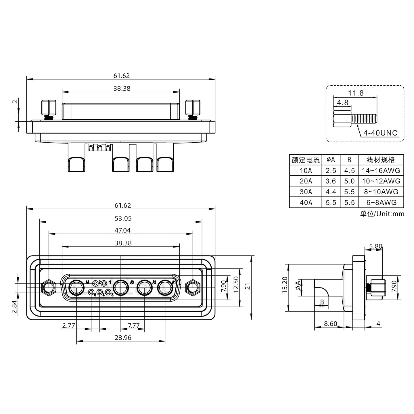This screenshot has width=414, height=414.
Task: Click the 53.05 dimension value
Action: [123, 218]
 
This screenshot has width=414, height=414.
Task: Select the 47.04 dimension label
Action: [123, 230]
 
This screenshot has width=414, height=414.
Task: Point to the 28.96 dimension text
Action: [123, 338]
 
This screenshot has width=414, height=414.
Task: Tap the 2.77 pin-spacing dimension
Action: [68, 325]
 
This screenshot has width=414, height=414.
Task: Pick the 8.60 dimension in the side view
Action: [330, 324]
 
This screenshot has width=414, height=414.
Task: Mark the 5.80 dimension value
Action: [375, 246]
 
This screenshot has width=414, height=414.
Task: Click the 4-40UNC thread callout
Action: [380, 133]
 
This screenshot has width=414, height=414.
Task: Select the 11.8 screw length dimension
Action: [356, 93]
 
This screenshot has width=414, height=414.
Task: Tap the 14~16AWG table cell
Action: [381, 170]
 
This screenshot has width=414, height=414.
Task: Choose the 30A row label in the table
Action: [306, 192]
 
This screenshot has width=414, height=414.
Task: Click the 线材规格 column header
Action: [381, 160]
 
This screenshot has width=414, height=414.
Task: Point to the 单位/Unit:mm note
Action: [382, 214]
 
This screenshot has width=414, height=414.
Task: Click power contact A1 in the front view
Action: [165, 287]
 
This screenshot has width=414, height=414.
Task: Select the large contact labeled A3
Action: [121, 287]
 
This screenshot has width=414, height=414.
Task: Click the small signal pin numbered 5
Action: [91, 293]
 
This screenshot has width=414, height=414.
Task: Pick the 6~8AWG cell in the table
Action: [381, 202]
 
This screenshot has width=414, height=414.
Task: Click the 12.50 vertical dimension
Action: [236, 284]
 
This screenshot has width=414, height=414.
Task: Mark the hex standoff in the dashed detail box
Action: [342, 118]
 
